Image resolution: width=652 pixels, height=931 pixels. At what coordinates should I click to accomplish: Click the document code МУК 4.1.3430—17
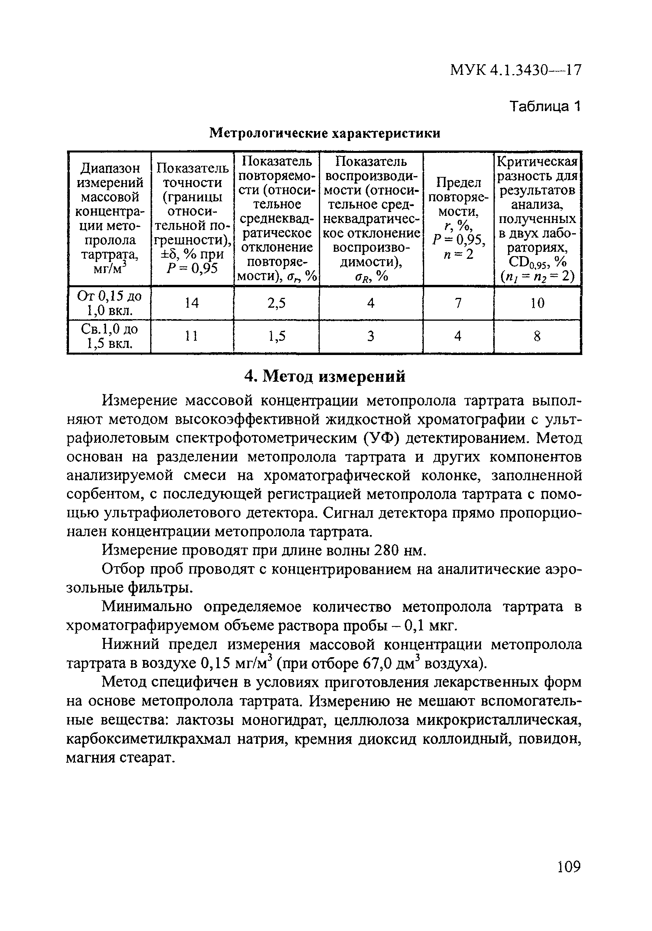pyautogui.click(x=515, y=71)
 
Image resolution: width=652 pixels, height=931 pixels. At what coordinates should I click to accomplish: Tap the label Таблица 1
pyautogui.click(x=545, y=107)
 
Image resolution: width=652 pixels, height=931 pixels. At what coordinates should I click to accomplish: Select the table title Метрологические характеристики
pyautogui.click(x=324, y=133)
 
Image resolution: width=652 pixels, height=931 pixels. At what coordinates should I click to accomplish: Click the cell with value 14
pyautogui.click(x=192, y=303)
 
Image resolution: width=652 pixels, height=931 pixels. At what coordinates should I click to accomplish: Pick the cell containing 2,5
pyautogui.click(x=276, y=303)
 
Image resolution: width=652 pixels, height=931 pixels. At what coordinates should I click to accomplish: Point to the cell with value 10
pyautogui.click(x=537, y=303)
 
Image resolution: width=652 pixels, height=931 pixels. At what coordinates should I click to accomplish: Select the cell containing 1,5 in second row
pyautogui.click(x=276, y=336)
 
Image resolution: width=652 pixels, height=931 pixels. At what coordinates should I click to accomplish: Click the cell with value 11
pyautogui.click(x=192, y=336)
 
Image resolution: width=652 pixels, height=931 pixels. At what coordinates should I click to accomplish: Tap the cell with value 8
pyautogui.click(x=537, y=336)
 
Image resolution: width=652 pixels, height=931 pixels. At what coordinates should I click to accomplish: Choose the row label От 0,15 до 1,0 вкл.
pyautogui.click(x=109, y=303)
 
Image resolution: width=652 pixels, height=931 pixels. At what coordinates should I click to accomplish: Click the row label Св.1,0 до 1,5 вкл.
pyautogui.click(x=109, y=336)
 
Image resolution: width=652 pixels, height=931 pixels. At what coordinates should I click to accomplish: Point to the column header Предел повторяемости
pyautogui.click(x=458, y=219)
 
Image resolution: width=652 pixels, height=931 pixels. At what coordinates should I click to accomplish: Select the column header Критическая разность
pyautogui.click(x=537, y=219)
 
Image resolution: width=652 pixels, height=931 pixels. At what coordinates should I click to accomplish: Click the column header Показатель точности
pyautogui.click(x=192, y=219)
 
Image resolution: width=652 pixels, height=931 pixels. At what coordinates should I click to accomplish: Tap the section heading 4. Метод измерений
pyautogui.click(x=324, y=377)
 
